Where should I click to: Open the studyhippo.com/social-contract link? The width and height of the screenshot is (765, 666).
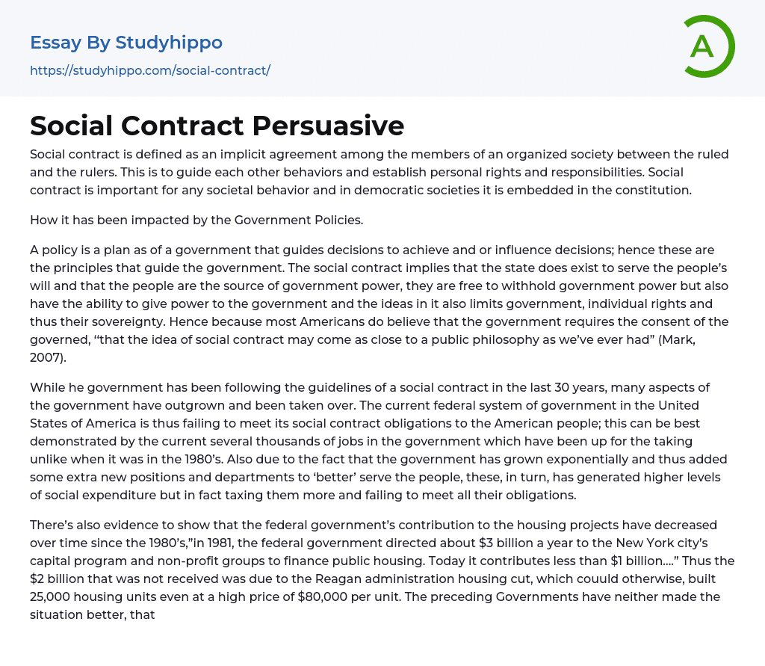click(x=149, y=70)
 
